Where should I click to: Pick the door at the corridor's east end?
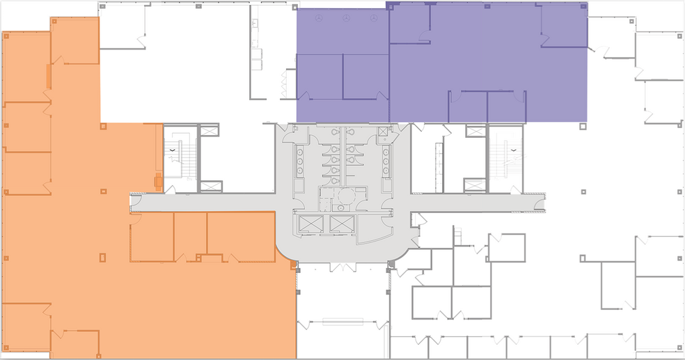pos(542,202)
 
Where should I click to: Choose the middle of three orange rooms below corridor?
pos(190,237)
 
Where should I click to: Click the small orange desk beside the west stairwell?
pos(159,182)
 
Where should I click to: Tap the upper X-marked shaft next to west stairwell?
pos(210,131)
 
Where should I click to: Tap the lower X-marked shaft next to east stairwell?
pos(475,185)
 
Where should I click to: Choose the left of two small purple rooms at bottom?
pos(468,106)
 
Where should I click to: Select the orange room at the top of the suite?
pos(74,40)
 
